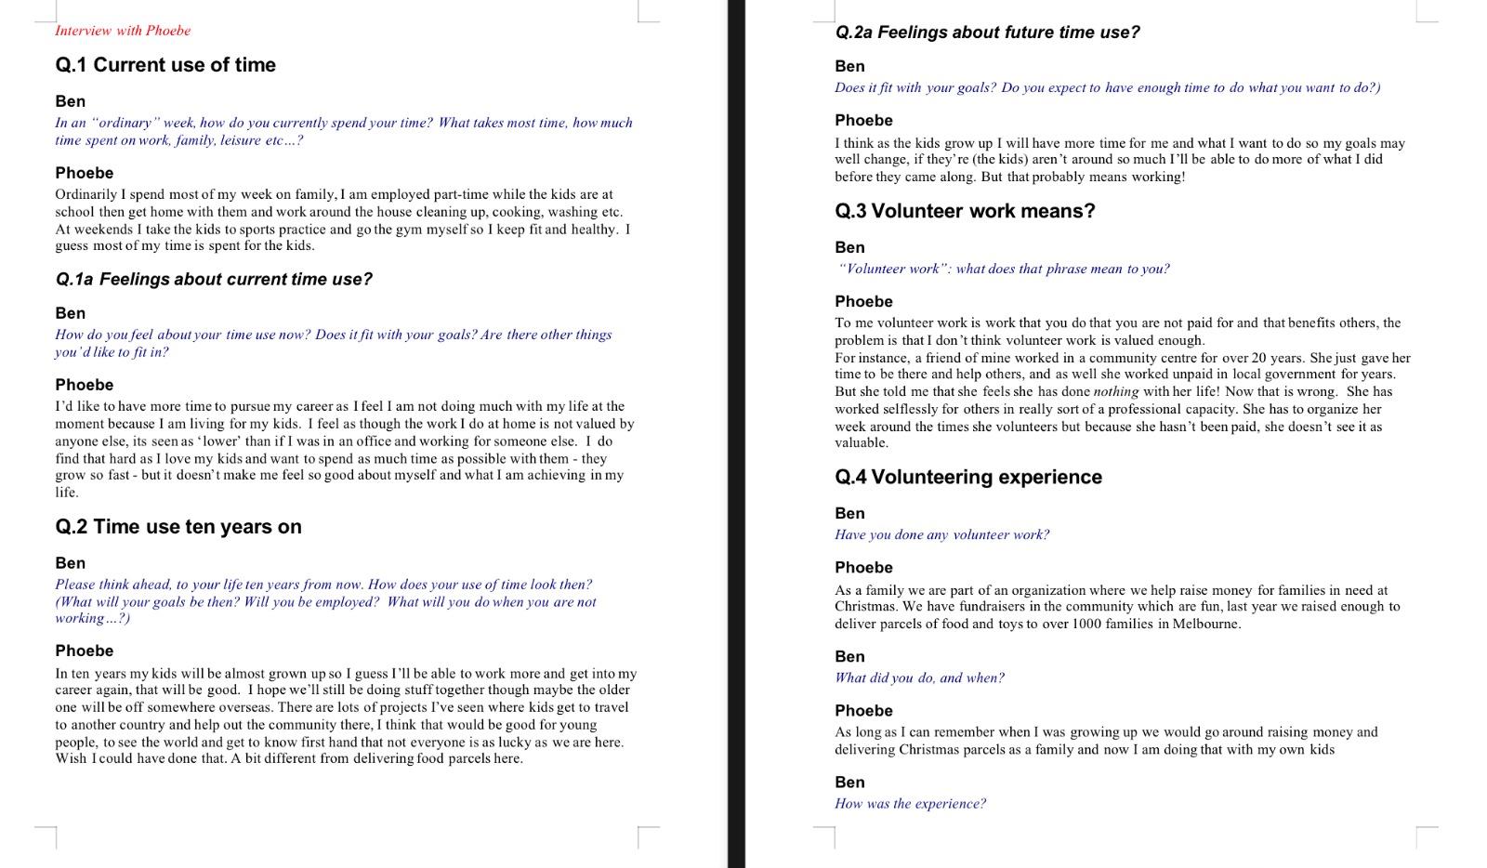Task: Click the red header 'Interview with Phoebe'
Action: [123, 31]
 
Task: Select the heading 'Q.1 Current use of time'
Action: [165, 65]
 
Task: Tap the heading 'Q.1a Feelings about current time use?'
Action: [214, 280]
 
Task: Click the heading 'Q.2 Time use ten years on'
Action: [178, 527]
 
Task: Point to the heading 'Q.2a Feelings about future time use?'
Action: [987, 33]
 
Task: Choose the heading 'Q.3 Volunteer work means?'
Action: [965, 212]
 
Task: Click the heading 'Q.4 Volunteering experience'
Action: [968, 478]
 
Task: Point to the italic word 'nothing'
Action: [1116, 392]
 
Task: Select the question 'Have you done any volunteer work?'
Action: [941, 535]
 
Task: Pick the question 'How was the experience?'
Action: [910, 804]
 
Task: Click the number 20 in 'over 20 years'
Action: [1259, 358]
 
